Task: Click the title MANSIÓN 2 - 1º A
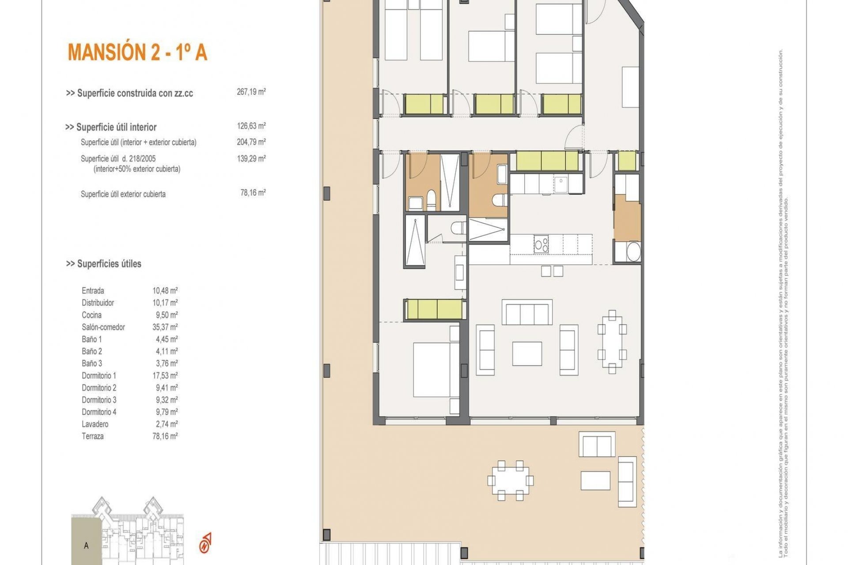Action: (137, 52)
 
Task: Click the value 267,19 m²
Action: (251, 92)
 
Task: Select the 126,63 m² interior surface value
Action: (251, 126)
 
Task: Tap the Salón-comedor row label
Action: (103, 327)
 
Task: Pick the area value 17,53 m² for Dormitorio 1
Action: (165, 376)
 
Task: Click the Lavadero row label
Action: (95, 424)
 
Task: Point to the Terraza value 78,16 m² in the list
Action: (165, 436)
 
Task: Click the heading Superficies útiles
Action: (104, 264)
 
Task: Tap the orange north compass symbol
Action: (205, 543)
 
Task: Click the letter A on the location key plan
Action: (86, 546)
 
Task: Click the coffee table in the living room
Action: (527, 354)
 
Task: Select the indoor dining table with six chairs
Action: (612, 342)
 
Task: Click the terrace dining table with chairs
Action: (510, 480)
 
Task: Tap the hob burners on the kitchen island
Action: (541, 244)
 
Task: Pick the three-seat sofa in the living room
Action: (527, 313)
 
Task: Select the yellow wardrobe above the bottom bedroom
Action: (435, 309)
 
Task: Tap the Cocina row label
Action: (91, 315)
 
